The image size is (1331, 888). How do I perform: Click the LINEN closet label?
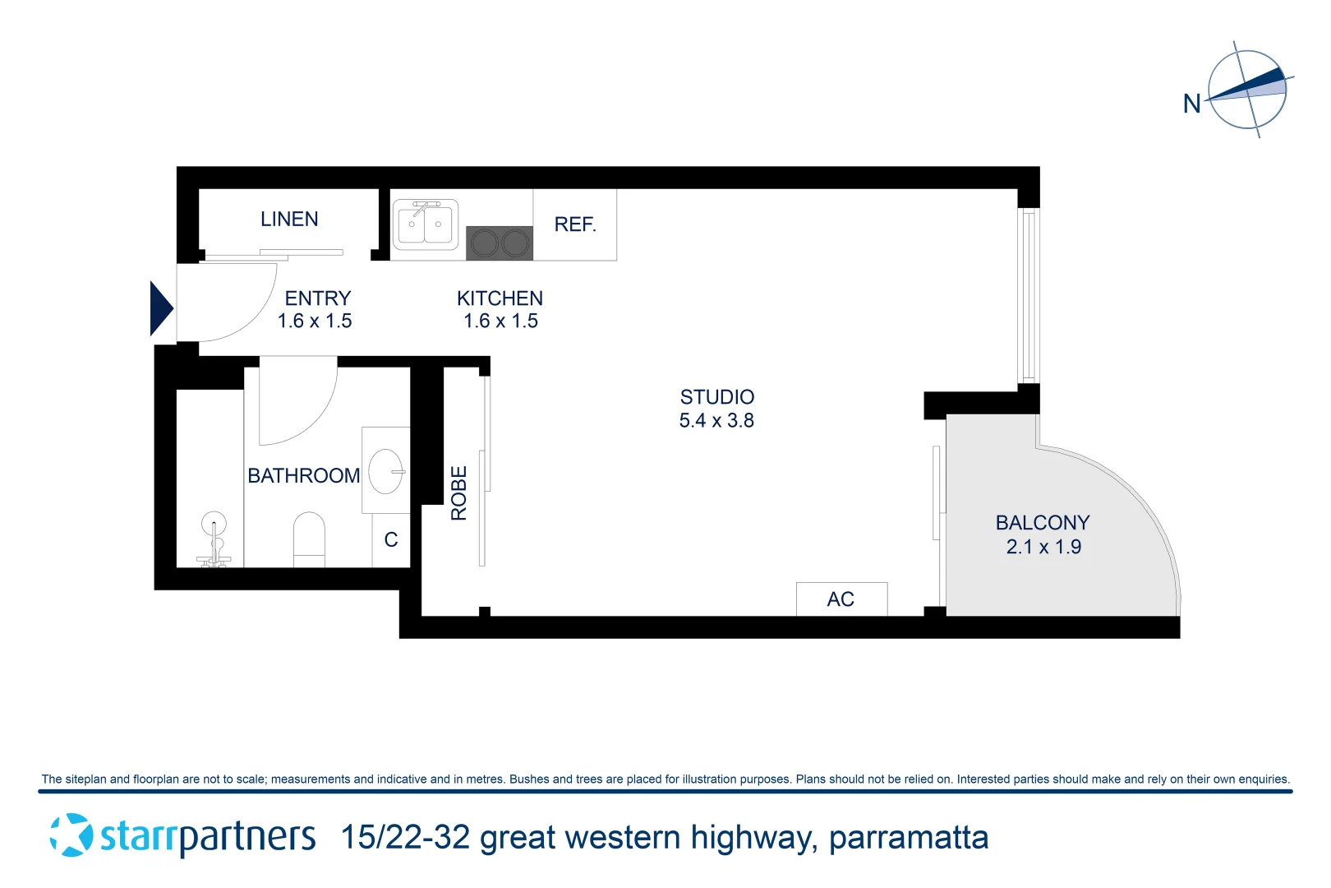pos(289,220)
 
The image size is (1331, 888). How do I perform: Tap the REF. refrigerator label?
pos(575,224)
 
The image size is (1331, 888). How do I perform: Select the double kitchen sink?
pos(425,224)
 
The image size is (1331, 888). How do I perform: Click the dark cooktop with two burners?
pos(500,243)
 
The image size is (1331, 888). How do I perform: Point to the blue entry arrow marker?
pos(161,308)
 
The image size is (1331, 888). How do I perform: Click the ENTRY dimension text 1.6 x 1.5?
pos(315,321)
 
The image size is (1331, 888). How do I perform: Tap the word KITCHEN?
pos(500,298)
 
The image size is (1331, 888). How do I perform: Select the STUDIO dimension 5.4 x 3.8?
pos(716,421)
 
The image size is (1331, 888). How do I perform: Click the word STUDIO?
pos(717,397)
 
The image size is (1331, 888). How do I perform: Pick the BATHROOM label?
pos(304,476)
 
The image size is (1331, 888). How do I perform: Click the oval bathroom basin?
pos(385,471)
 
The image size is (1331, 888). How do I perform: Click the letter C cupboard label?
pos(391,540)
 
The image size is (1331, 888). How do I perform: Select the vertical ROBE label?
pos(458,493)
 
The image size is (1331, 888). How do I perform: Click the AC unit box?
pos(841,599)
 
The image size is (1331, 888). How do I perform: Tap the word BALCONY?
pos(1043,523)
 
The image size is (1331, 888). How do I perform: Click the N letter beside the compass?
pos(1191,104)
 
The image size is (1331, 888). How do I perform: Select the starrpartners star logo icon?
pos(71,835)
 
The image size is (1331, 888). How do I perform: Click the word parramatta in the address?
pos(908,838)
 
